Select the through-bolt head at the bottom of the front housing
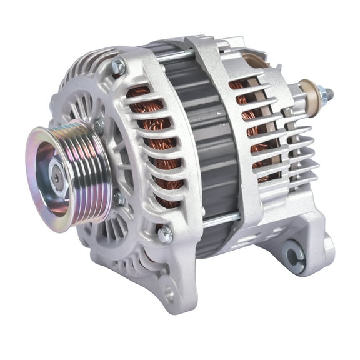[165, 235]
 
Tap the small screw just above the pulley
[99, 125]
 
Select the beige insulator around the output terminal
[307, 92]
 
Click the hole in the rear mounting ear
[293, 251]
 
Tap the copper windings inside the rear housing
[250, 125]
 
